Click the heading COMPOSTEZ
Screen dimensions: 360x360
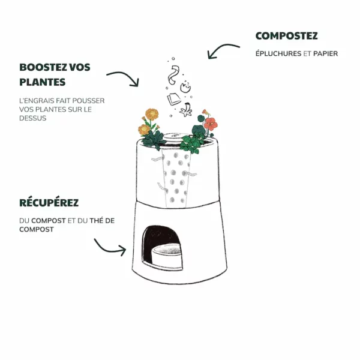tap(286, 36)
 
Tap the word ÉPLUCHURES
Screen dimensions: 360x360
tap(278, 53)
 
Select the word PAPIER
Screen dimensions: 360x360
tap(326, 53)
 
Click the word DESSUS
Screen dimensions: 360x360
tap(32, 118)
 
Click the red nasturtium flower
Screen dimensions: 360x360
tap(210, 124)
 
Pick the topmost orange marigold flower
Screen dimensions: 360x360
tap(152, 114)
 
